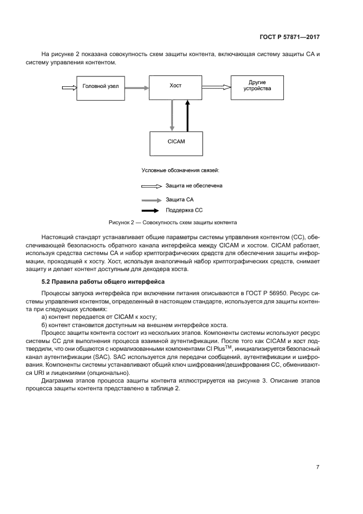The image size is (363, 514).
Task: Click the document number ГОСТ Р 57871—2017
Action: coord(289,37)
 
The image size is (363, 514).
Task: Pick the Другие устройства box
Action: coord(257,86)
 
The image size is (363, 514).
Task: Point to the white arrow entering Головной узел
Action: coord(69,86)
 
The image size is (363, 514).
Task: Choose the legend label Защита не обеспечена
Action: coord(194,186)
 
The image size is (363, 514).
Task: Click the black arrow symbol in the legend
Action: coord(152,210)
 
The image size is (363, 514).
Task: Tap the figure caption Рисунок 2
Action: coord(172,223)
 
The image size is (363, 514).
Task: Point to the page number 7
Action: coord(317,467)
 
